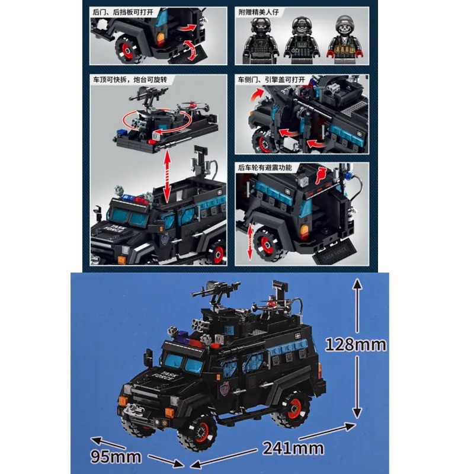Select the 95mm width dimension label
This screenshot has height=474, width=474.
(x=117, y=456)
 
